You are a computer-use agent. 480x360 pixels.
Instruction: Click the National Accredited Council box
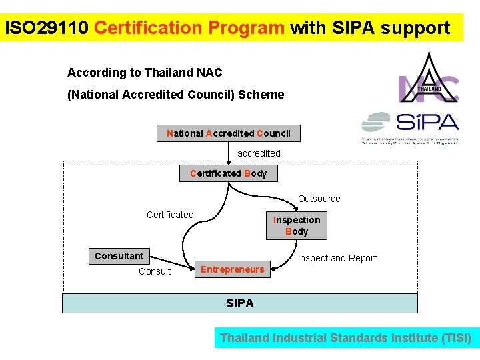(228, 133)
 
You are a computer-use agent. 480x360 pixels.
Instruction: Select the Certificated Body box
(228, 173)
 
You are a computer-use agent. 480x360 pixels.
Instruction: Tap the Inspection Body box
(297, 226)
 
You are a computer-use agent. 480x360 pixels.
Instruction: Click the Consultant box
(119, 256)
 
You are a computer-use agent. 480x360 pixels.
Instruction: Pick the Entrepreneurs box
(233, 269)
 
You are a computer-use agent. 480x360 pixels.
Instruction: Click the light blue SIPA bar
(240, 303)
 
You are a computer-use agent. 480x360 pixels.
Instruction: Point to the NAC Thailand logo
(429, 79)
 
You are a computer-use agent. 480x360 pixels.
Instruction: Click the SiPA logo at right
(410, 127)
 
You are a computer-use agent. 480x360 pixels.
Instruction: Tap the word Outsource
(319, 199)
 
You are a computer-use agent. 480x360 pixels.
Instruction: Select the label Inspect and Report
(337, 258)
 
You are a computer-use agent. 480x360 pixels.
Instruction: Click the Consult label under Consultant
(154, 271)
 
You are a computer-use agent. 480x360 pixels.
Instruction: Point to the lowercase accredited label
(259, 153)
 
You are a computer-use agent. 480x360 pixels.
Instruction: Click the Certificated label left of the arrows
(170, 215)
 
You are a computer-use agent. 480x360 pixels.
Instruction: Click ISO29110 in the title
(46, 28)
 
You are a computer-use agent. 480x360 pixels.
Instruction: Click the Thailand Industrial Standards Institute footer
(345, 338)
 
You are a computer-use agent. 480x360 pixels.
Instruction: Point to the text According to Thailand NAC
(145, 72)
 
